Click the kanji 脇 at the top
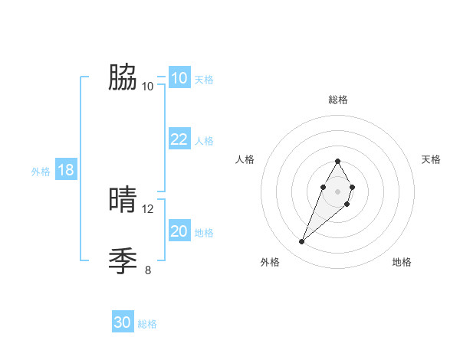pos(123,77)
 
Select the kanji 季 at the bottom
pos(123,260)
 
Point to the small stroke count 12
pos(148,208)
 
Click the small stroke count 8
pos(148,270)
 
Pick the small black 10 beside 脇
pos(148,86)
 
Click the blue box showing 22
pos(179,139)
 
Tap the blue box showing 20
pos(179,231)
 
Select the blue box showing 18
pos(66,170)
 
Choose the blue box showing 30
pos(123,322)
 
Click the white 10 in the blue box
pos(179,78)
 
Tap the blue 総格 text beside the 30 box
pos(147,324)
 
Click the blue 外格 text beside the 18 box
pos(41,172)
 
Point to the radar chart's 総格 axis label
pos(338,100)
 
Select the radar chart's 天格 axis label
pos(432,159)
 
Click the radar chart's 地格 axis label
pos(402,262)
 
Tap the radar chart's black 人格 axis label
pos(245,159)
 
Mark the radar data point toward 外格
pos(302,242)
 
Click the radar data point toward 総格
pos(338,161)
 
